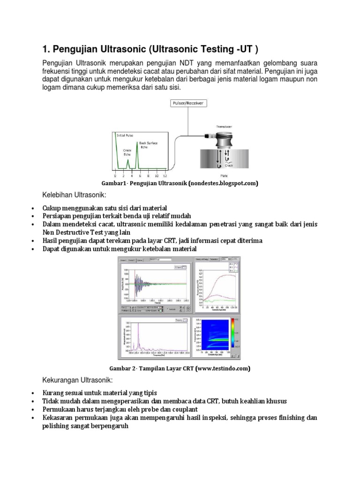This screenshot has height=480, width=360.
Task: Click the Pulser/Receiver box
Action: coord(188,103)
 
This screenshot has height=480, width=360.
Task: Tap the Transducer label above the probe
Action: coord(224,127)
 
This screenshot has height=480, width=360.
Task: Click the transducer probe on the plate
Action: coord(224,139)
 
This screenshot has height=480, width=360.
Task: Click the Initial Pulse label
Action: coord(125,135)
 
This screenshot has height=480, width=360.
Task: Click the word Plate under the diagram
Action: coord(224,175)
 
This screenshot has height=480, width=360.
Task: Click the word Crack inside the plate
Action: coord(229,165)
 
